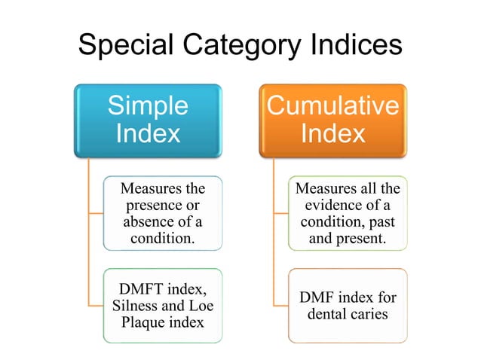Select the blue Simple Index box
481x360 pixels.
pyautogui.click(x=149, y=121)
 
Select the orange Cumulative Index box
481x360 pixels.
pyautogui.click(x=333, y=121)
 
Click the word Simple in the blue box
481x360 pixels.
pyautogui.click(x=149, y=105)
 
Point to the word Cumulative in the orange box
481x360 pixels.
pyautogui.click(x=333, y=105)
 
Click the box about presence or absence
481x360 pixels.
pyautogui.click(x=163, y=213)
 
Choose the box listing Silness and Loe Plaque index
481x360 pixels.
pyautogui.click(x=163, y=306)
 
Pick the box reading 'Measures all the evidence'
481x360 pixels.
pyautogui.click(x=348, y=213)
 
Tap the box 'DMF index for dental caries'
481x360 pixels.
pyautogui.click(x=348, y=306)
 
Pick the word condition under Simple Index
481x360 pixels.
pyautogui.click(x=161, y=239)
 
